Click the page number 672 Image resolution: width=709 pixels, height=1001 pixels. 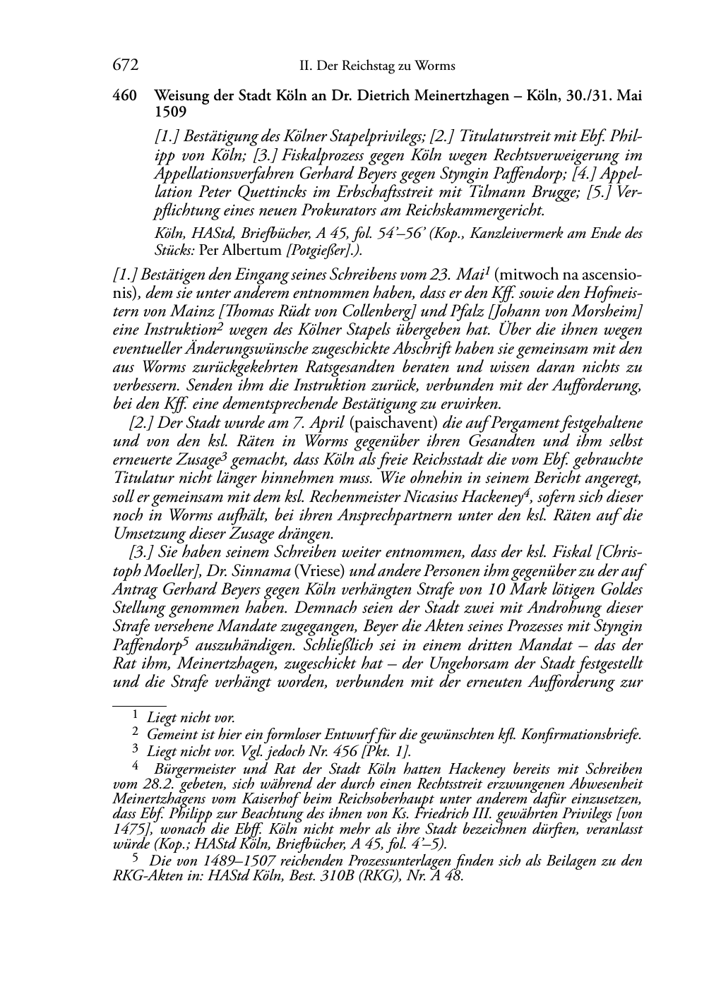click(x=124, y=66)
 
